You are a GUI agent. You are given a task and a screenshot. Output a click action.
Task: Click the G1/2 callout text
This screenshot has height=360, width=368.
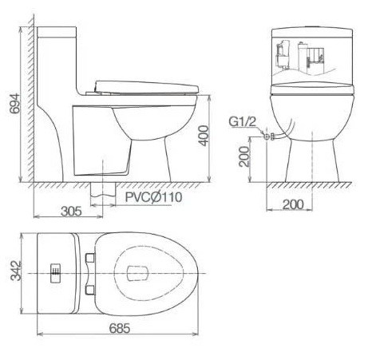click(x=243, y=122)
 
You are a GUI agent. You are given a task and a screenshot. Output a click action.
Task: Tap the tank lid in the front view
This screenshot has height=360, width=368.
click(x=312, y=33)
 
